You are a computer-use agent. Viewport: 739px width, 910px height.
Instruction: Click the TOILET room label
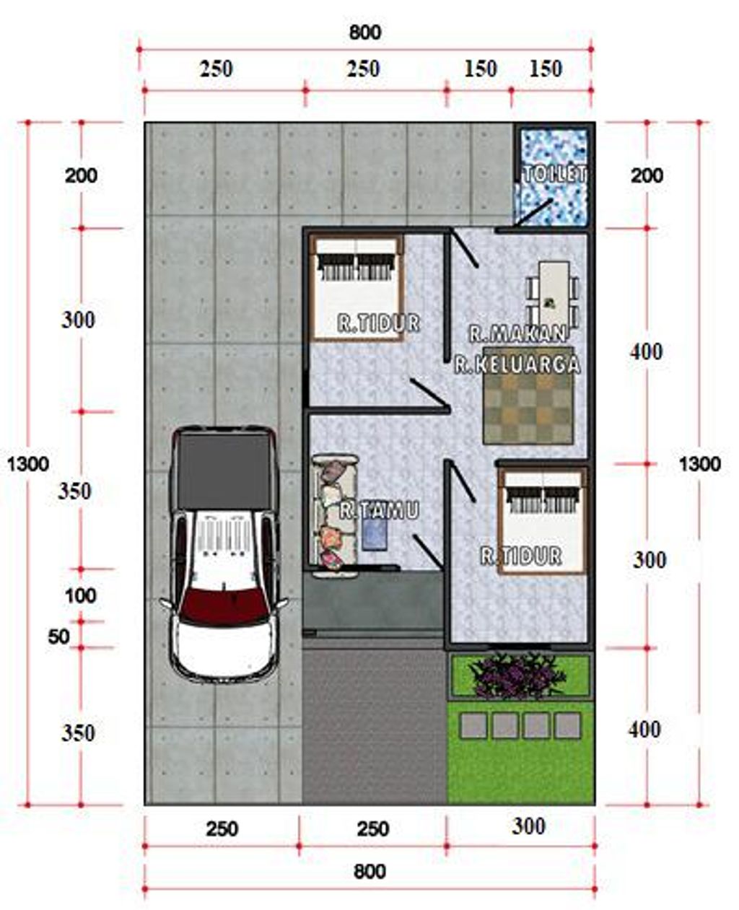coord(554,174)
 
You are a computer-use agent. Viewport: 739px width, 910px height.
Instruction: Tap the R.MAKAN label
coord(517,333)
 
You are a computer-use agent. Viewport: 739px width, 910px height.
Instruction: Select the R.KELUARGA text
coord(517,364)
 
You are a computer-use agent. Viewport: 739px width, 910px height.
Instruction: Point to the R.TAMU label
coord(379,511)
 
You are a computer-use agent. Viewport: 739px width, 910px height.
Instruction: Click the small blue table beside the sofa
coord(375,535)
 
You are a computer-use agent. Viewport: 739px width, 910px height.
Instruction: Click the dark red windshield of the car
coord(222,606)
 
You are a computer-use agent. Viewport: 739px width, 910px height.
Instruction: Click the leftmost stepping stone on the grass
coord(473,725)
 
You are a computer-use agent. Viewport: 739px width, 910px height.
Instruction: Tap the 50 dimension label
coord(58,637)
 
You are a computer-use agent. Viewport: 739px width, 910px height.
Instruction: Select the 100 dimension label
coord(80,596)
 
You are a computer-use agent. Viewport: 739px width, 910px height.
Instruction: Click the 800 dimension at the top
coord(365,32)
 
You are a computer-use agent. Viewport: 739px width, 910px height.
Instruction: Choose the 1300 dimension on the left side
coord(27,463)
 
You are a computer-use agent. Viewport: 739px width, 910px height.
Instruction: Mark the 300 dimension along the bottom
coord(528,826)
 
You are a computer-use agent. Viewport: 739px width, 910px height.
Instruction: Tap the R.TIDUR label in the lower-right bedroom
coord(521,556)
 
